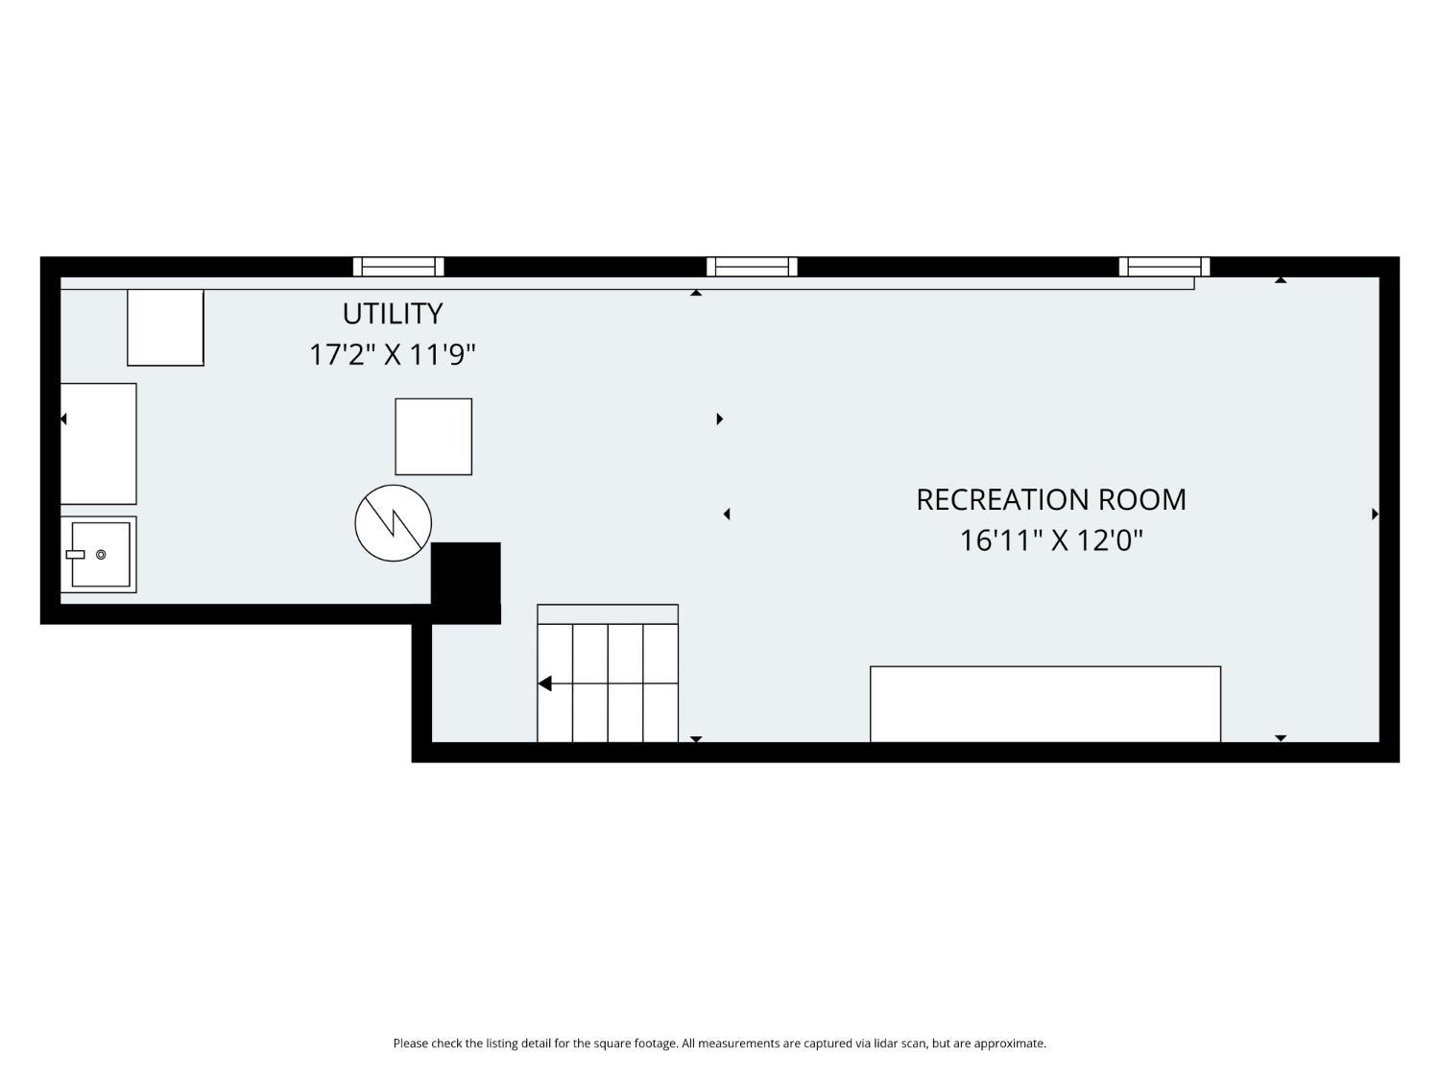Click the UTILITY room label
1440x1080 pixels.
click(393, 314)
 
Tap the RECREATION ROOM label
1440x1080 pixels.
click(1051, 499)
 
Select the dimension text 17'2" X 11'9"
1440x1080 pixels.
click(393, 355)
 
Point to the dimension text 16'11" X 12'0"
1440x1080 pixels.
click(1051, 541)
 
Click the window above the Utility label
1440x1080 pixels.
click(398, 267)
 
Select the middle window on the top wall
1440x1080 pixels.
click(752, 267)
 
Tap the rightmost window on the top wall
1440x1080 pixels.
click(1164, 267)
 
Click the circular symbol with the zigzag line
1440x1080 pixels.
click(393, 523)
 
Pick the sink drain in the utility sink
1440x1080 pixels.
click(101, 555)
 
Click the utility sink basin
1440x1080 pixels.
click(101, 555)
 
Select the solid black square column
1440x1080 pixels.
click(466, 583)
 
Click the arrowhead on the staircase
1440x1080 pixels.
click(544, 684)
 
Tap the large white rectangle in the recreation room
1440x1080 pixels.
click(1045, 705)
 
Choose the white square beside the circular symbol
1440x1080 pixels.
click(433, 437)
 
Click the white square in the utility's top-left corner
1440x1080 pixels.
click(165, 328)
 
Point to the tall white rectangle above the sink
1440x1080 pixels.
click(99, 444)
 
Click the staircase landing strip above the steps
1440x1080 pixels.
click(608, 614)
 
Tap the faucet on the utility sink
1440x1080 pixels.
click(76, 555)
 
